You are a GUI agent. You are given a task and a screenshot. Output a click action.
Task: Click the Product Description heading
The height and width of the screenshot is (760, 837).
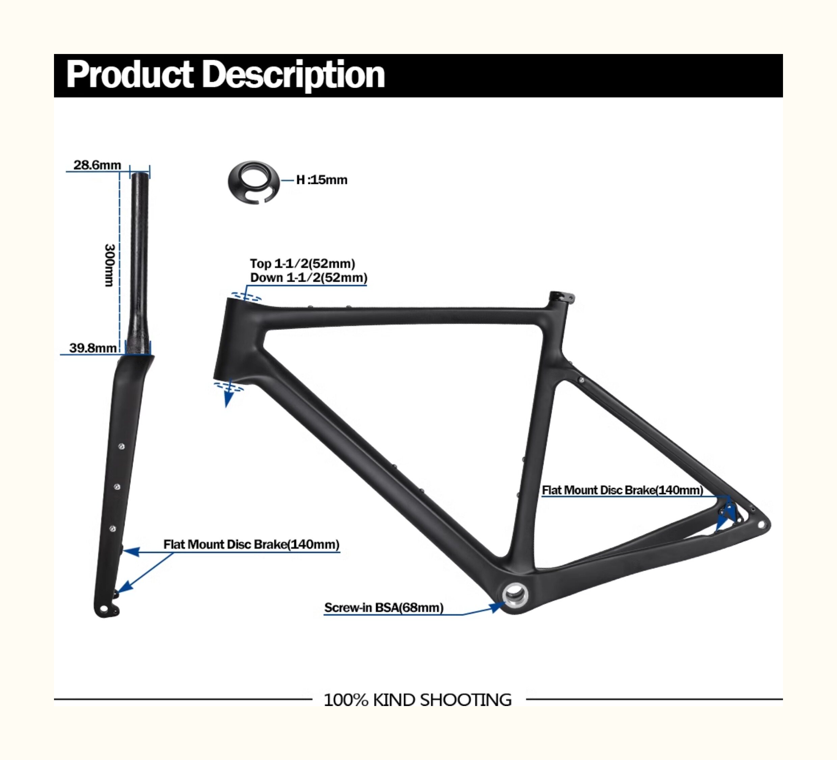coord(225,75)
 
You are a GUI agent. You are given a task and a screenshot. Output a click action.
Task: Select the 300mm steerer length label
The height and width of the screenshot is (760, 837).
coord(109,265)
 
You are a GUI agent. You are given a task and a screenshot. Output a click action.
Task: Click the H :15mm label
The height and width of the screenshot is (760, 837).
coord(322,180)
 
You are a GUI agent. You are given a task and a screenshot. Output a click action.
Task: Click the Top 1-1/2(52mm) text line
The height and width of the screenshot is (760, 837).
coord(302,264)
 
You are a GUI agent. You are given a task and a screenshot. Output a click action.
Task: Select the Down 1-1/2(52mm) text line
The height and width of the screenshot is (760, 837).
coord(308,278)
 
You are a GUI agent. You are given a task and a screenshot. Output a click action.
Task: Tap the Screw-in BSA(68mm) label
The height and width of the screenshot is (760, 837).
coord(384,608)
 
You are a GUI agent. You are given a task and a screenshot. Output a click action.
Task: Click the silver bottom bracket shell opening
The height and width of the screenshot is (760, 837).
coord(515,595)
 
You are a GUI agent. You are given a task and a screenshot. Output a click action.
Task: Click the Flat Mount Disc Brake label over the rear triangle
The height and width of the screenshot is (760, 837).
coord(622,490)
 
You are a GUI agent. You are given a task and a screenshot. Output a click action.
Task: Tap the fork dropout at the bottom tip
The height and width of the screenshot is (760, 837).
coord(104,609)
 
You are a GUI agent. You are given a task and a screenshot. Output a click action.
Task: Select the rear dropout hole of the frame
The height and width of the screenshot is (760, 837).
coord(761,525)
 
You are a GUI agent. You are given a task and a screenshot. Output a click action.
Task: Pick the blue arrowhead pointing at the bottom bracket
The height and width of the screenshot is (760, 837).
coord(496,607)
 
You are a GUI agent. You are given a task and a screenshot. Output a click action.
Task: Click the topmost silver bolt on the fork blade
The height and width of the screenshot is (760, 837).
coord(121,446)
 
